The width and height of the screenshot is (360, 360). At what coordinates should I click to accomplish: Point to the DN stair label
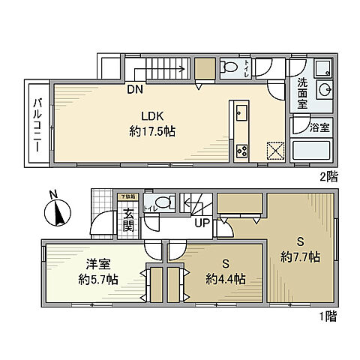pos(135,90)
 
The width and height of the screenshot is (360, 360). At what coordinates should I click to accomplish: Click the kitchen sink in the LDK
pos(241,115)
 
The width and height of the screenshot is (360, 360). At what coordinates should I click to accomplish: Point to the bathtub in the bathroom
pos(313,154)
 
